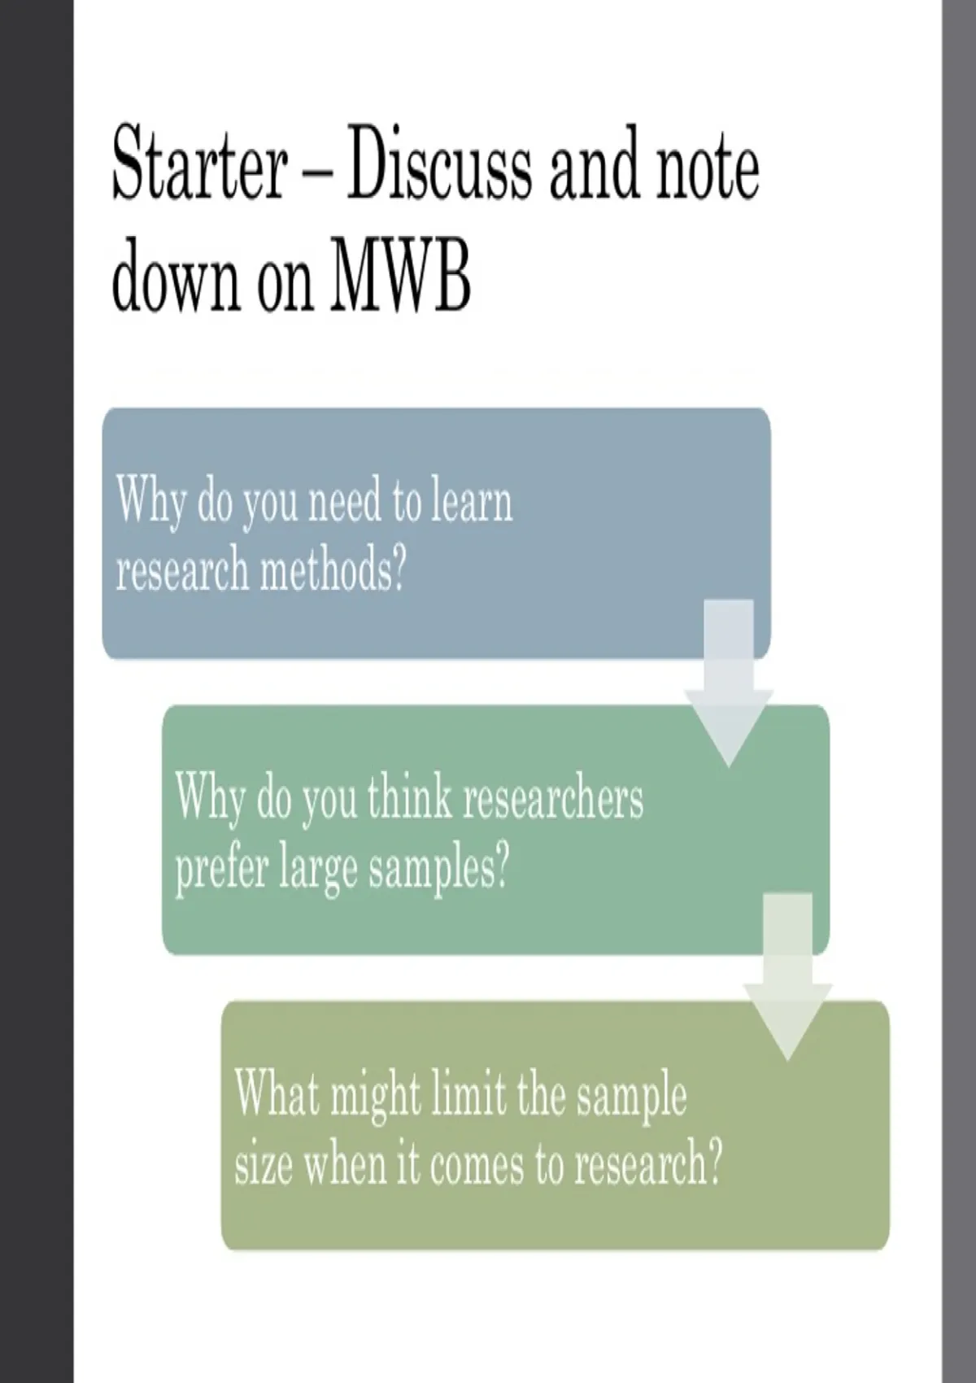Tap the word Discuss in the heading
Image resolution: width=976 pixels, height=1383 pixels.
(438, 163)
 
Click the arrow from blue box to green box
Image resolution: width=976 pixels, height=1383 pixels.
(729, 683)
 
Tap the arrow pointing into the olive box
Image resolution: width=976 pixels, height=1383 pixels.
(788, 975)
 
